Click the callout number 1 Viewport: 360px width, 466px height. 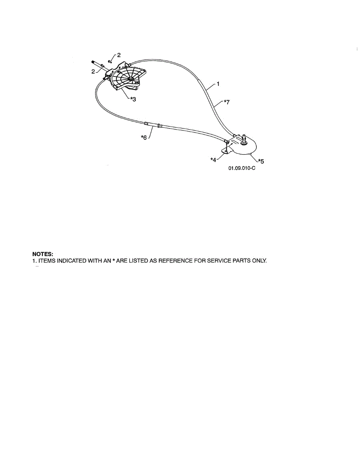click(218, 84)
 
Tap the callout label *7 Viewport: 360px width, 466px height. click(227, 102)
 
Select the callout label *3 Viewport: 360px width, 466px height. click(133, 99)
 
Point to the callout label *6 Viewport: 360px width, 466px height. click(144, 137)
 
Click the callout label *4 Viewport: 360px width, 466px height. click(213, 160)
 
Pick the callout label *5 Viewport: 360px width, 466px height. click(261, 161)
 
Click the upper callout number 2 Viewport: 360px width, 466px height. click(118, 55)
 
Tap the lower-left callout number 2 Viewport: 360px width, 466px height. click(93, 71)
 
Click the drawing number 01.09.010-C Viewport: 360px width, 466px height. click(242, 169)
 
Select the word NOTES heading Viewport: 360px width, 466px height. click(43, 254)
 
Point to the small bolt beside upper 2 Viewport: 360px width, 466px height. click(110, 62)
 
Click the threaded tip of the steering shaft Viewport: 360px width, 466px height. click(93, 63)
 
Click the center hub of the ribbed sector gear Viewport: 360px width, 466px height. click(130, 79)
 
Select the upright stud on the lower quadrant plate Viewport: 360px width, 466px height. click(244, 139)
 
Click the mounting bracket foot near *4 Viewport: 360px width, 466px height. click(226, 151)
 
